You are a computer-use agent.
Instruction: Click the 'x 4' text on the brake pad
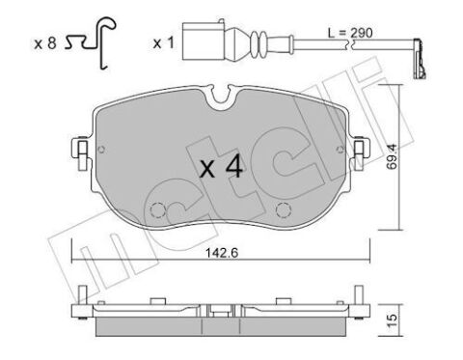coord(221,169)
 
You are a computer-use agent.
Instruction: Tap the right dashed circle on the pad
coord(284,213)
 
